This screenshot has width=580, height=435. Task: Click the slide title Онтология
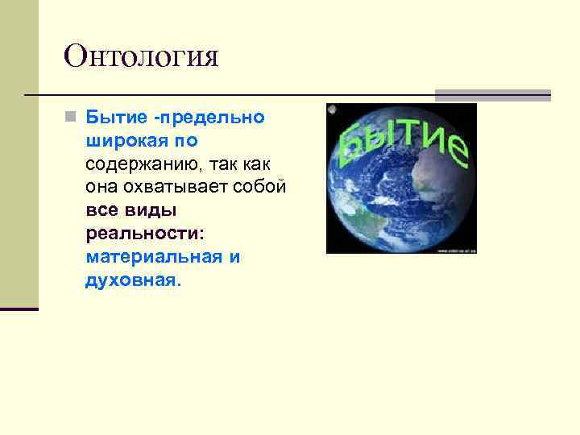[142, 56]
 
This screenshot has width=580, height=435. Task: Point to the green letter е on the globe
[456, 149]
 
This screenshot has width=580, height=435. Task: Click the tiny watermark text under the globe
[457, 251]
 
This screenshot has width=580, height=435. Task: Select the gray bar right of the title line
[493, 94]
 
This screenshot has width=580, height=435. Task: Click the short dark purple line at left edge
[19, 309]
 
